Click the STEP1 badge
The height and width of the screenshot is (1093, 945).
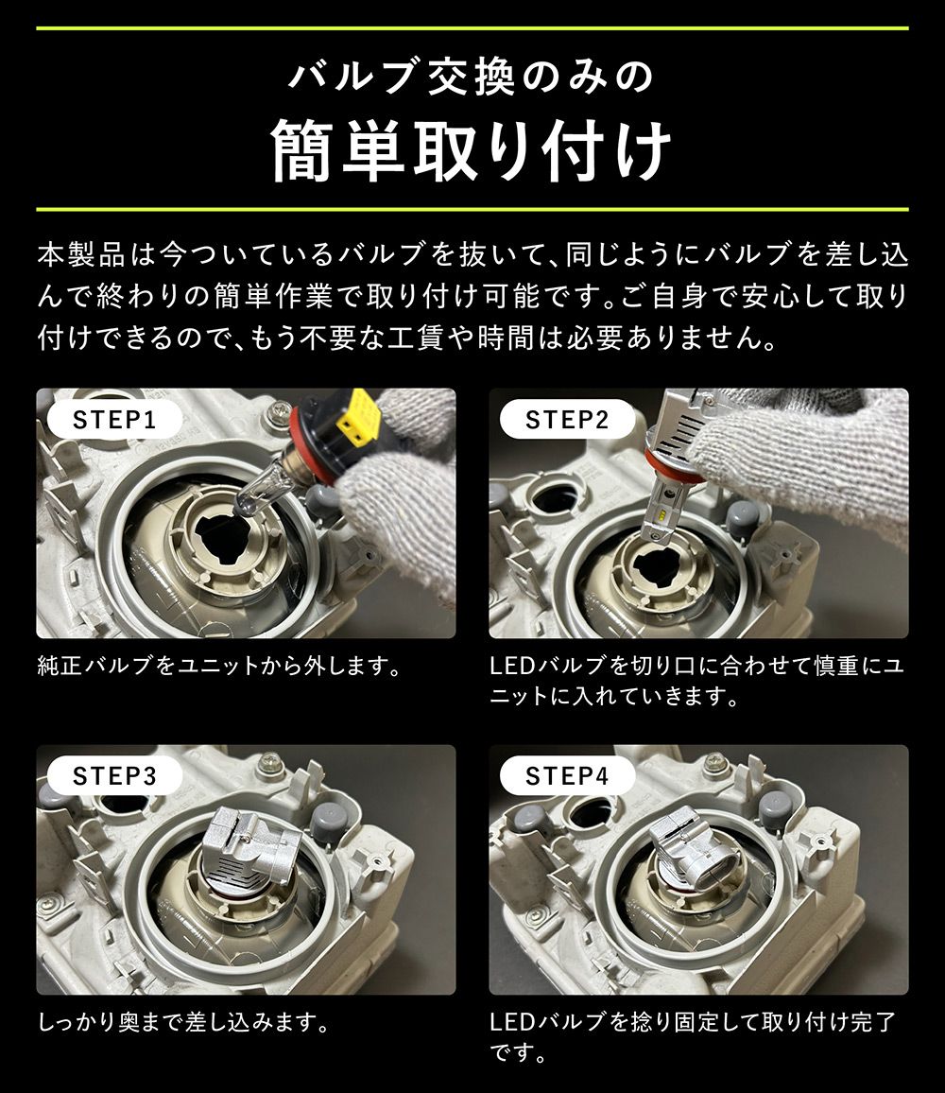113,420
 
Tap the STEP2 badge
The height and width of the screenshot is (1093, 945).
567,420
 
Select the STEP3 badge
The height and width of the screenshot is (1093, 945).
113,776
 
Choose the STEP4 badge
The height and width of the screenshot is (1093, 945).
567,776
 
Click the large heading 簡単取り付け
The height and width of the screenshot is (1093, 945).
472,151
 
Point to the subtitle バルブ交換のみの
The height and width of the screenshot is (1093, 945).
472,78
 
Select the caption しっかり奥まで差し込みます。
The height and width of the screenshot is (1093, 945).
183,1023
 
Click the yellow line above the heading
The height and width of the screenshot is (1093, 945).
472,28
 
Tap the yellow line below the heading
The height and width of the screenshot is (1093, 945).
472,208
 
